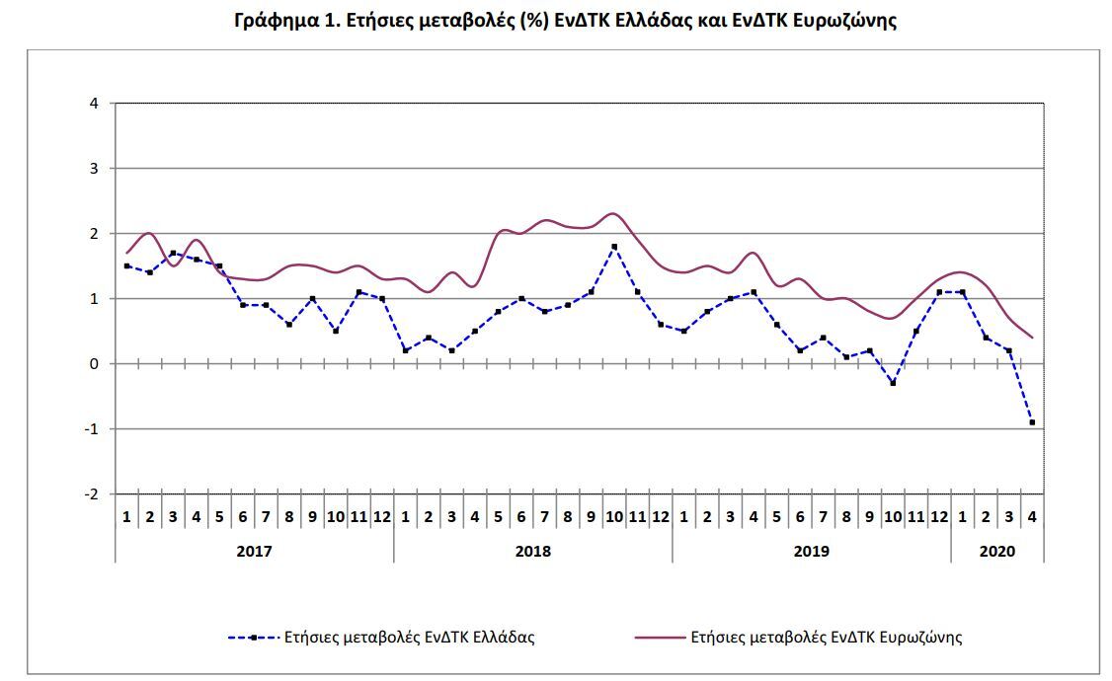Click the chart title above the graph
(565, 20)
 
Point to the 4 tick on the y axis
(94, 104)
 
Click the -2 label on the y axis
(91, 493)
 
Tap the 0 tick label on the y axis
(94, 364)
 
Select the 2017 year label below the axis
(254, 552)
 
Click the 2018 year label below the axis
(532, 552)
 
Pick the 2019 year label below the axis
(812, 552)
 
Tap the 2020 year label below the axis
(997, 552)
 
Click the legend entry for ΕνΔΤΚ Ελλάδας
(381, 637)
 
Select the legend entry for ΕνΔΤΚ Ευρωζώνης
(799, 637)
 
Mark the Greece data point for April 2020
(1032, 422)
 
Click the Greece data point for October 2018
(614, 247)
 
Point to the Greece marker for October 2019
(893, 383)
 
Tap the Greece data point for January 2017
(127, 265)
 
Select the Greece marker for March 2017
(173, 253)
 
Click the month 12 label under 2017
(382, 517)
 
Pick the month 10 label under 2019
(893, 517)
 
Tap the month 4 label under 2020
(1032, 517)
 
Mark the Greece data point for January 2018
(406, 350)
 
